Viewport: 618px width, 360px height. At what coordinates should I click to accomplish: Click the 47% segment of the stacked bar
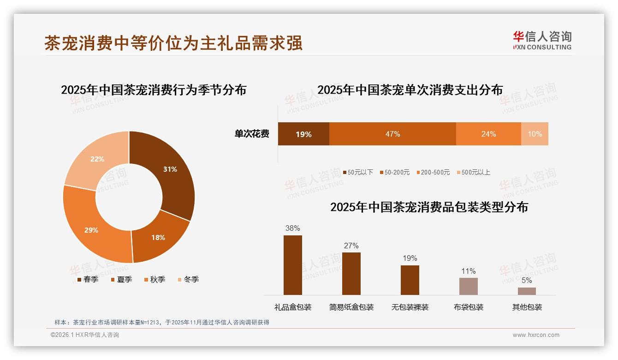392,134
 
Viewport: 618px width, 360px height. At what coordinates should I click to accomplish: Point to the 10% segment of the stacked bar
535,134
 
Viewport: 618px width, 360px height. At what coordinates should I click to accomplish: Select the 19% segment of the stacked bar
303,134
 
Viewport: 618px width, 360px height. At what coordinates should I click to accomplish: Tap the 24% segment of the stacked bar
488,134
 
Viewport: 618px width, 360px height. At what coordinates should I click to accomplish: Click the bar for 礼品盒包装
292,265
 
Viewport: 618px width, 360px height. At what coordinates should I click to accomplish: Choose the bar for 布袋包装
468,286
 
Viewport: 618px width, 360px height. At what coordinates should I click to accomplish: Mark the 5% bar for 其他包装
527,291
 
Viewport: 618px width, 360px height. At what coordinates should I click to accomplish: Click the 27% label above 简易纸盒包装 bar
351,246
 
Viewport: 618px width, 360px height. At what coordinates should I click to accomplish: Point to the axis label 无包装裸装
410,307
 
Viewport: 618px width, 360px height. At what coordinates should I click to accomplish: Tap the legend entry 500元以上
475,172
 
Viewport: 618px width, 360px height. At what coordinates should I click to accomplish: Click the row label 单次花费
252,134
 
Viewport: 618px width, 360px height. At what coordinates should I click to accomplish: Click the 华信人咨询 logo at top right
542,40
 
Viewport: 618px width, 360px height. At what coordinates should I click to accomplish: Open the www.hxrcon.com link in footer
536,335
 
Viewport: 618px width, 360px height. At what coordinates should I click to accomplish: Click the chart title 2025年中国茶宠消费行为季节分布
154,90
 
